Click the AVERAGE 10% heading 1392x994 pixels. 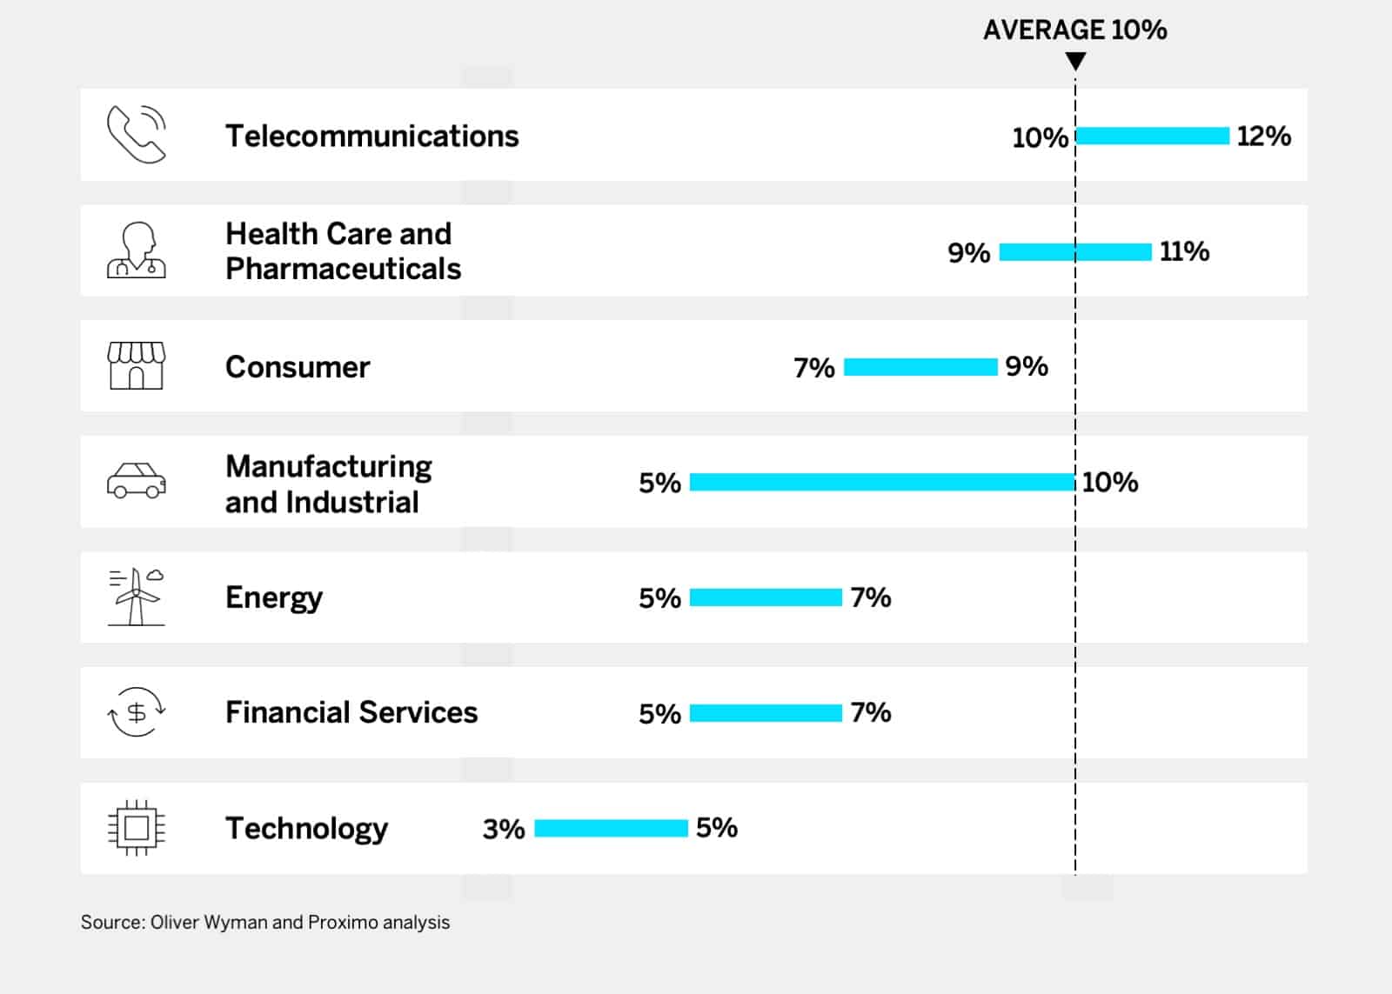(1074, 30)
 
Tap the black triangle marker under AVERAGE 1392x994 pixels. (1075, 61)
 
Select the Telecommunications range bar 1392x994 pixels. (1153, 136)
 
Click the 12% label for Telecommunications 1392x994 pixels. (1263, 136)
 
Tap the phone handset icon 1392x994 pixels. (137, 134)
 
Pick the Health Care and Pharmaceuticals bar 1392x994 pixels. (1075, 252)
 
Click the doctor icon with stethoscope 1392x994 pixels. (137, 250)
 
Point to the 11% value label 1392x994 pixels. (1184, 251)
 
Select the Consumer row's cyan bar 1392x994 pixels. (920, 367)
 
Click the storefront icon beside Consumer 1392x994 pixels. (137, 365)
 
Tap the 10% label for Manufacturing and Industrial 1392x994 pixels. (1110, 482)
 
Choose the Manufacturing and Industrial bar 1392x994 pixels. (882, 482)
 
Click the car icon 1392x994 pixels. (137, 480)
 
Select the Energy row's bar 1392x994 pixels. (766, 597)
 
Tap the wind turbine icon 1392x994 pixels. (137, 597)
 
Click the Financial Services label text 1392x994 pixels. (351, 712)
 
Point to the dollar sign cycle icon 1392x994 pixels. (137, 712)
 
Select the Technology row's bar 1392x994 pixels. (611, 828)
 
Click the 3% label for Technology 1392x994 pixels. (504, 829)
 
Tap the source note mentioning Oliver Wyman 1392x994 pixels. (265, 922)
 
